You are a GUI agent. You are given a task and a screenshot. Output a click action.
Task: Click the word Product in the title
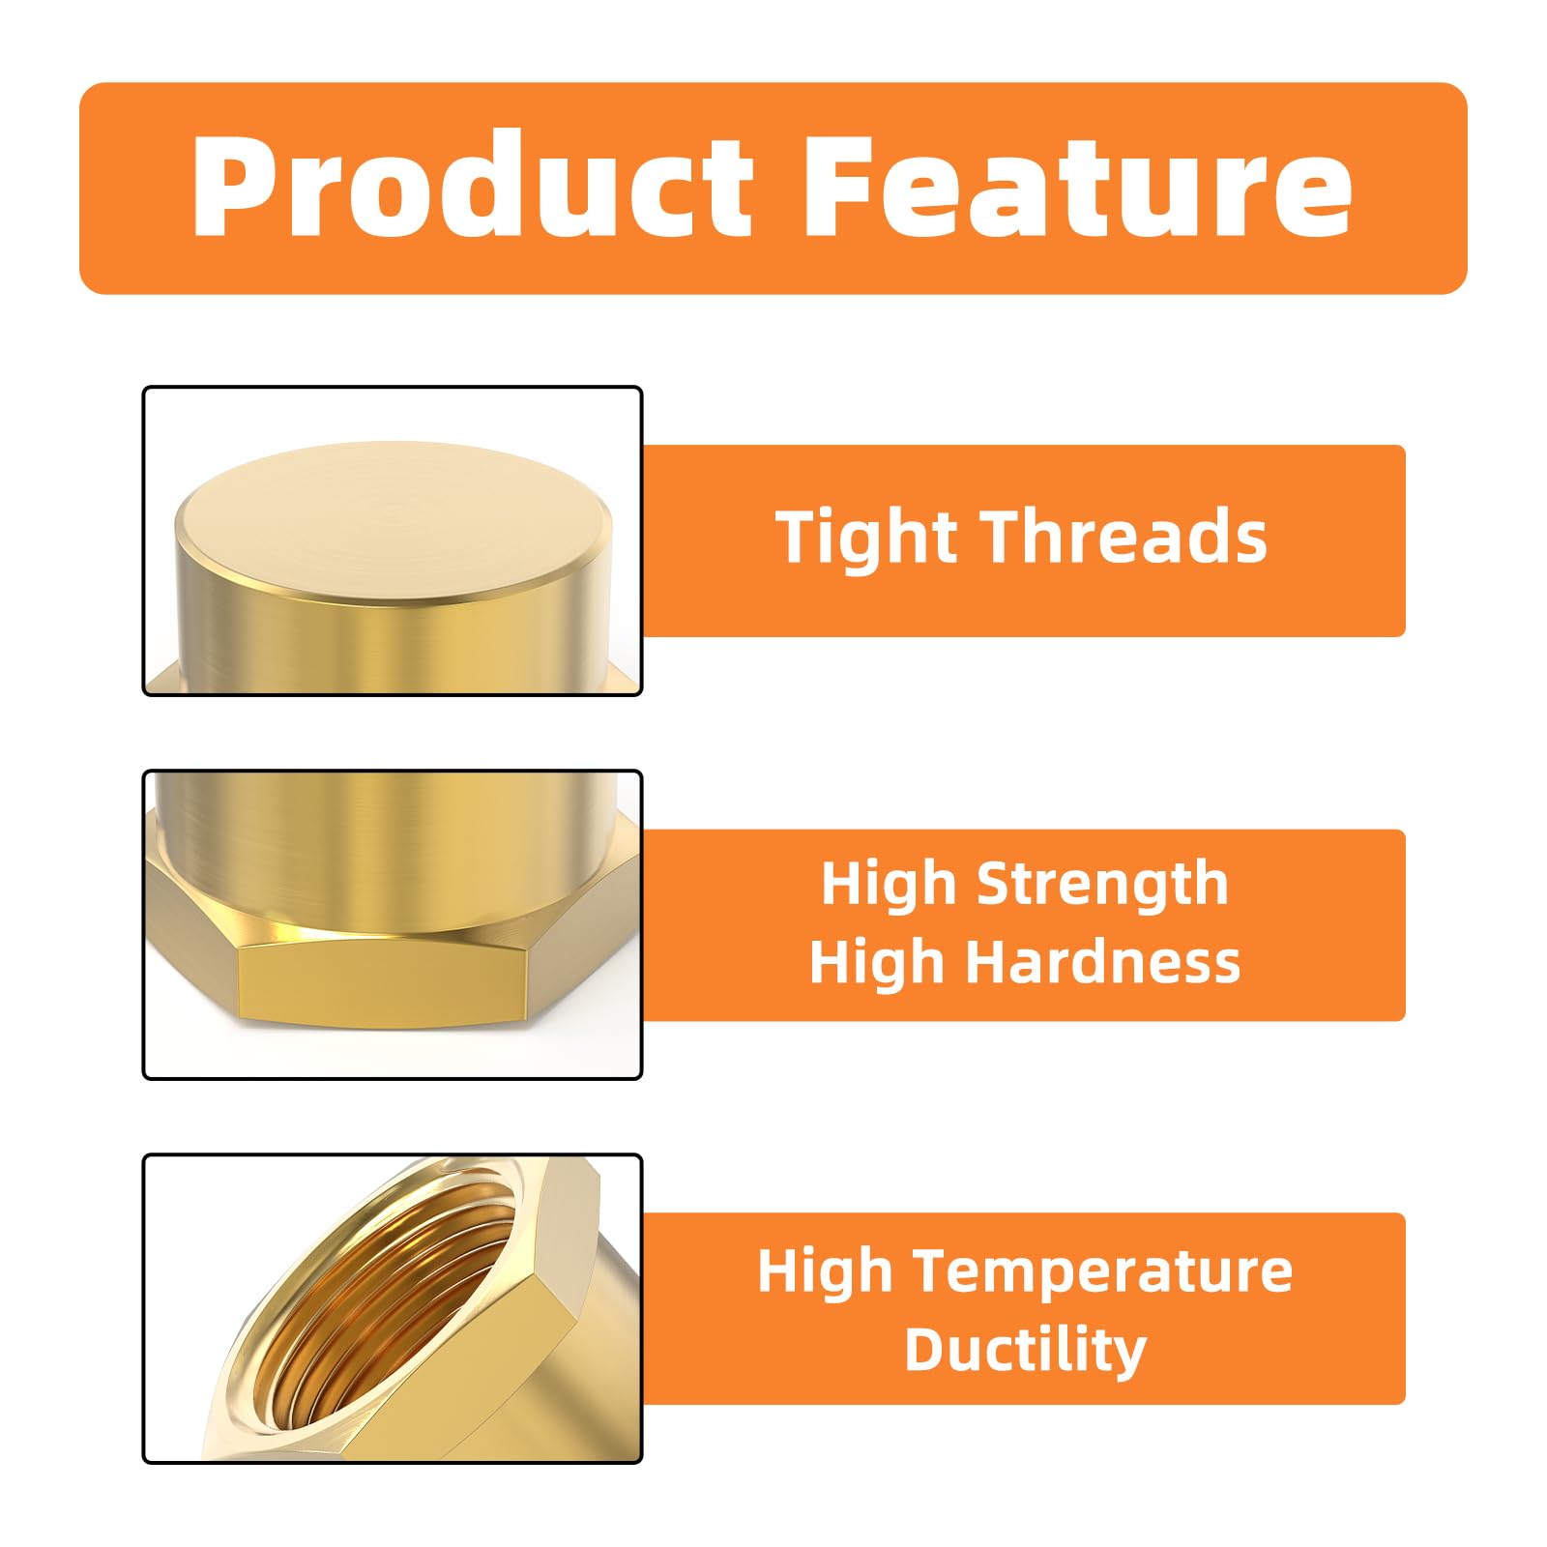pyautogui.click(x=472, y=186)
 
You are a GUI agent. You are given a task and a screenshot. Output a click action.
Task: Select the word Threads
pyautogui.click(x=1125, y=538)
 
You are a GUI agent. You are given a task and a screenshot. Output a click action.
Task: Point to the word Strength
pyautogui.click(x=1102, y=885)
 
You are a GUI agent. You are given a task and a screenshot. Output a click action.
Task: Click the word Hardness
pyautogui.click(x=1104, y=963)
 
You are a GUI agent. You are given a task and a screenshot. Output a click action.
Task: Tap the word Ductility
pyautogui.click(x=1025, y=1350)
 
